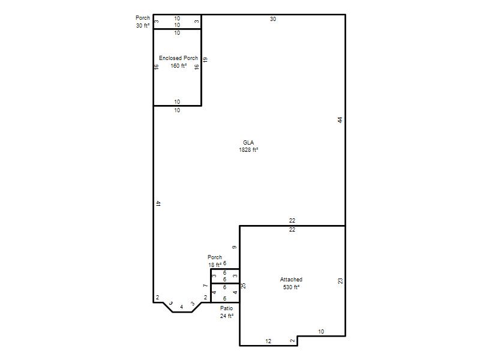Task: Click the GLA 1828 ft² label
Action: pos(248,146)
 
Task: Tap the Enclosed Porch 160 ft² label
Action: pos(178,62)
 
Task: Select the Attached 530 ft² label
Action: pos(291,283)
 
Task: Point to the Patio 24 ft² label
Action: pos(227,312)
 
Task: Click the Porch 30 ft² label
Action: pos(143,22)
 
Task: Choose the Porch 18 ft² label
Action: pos(215,261)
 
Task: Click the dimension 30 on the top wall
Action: pos(273,19)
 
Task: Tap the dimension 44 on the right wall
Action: pos(340,120)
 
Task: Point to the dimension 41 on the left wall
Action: pos(158,203)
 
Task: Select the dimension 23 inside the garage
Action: pos(340,281)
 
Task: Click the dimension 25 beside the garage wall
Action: pos(244,286)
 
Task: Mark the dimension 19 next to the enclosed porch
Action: pos(205,59)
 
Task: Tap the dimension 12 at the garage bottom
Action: pos(268,341)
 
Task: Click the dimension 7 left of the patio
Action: pos(205,286)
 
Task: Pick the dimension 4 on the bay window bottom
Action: pos(182,307)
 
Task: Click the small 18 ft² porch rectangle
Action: pos(225,276)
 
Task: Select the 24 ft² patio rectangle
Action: pos(225,293)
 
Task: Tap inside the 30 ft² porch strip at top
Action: pos(177,22)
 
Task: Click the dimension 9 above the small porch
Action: pos(235,247)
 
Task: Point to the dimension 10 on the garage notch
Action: pos(321,332)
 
